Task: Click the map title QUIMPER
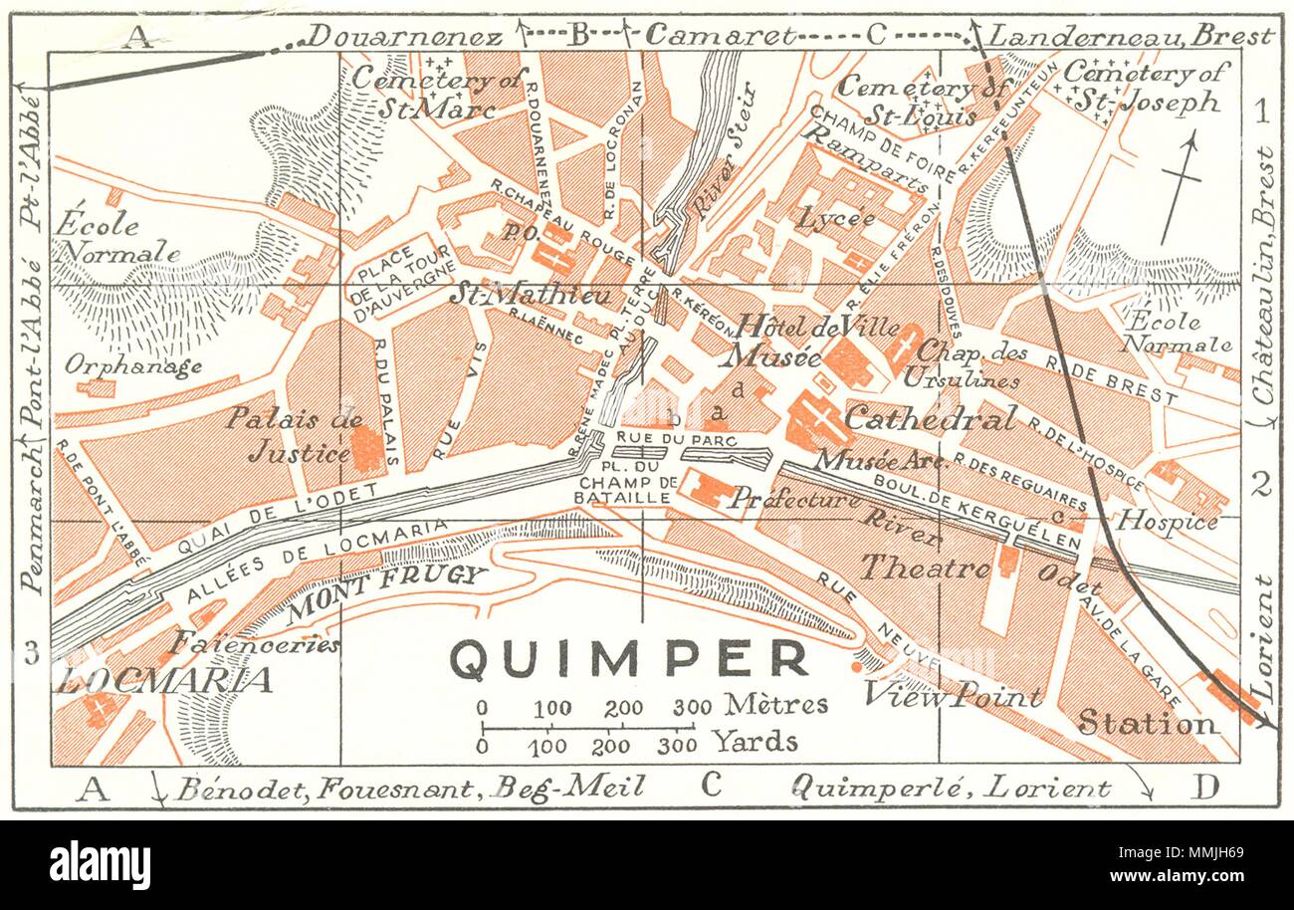click(x=629, y=659)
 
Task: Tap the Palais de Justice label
click(x=293, y=435)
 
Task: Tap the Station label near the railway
click(x=1147, y=723)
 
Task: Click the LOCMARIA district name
click(x=164, y=680)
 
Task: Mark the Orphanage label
click(x=133, y=365)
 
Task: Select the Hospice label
click(x=1168, y=521)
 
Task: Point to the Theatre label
click(x=925, y=568)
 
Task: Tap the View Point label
click(x=952, y=695)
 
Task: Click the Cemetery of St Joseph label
click(x=1146, y=87)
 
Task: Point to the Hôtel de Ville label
click(x=817, y=326)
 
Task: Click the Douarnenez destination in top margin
click(x=404, y=37)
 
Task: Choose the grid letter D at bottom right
click(x=1204, y=788)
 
